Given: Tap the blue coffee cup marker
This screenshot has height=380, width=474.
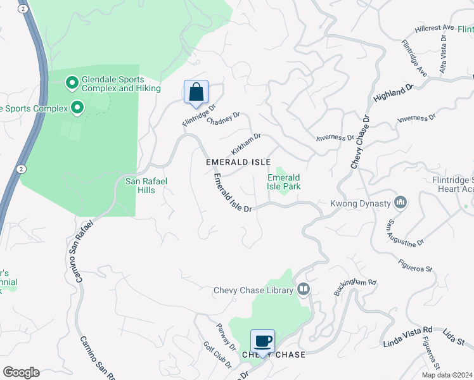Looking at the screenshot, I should (x=263, y=341).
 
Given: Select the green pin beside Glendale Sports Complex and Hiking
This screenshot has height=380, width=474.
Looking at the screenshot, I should (x=72, y=82).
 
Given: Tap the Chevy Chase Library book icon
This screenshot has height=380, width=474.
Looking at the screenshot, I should (x=304, y=289).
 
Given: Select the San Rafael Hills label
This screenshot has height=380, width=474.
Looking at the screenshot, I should (x=146, y=186).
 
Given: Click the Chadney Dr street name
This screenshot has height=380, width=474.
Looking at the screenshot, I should (x=223, y=118).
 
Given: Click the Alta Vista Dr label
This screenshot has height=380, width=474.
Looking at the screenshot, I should (x=444, y=45).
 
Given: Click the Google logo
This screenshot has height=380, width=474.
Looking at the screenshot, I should (x=20, y=372).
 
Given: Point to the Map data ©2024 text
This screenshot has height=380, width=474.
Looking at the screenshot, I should (x=447, y=375).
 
